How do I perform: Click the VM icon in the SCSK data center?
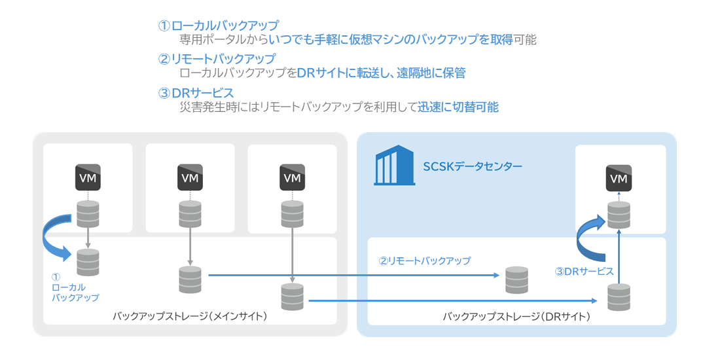(x=619, y=178)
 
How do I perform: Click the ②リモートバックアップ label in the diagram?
(x=425, y=261)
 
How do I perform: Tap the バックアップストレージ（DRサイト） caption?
(x=516, y=317)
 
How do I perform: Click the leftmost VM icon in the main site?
(x=88, y=178)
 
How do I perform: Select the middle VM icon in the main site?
(x=190, y=178)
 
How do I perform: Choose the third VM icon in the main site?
(x=292, y=178)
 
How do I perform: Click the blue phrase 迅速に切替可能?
(x=458, y=107)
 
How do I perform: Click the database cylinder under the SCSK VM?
(x=619, y=215)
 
